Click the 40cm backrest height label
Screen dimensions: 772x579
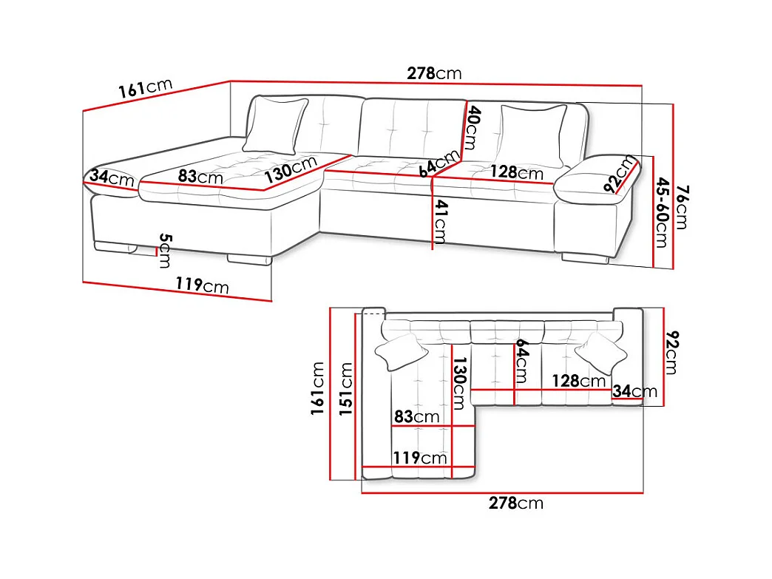click(472, 127)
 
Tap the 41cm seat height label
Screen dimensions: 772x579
click(441, 222)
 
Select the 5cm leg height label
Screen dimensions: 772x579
click(166, 251)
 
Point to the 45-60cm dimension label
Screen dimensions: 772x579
click(663, 213)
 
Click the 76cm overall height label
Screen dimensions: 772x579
click(683, 207)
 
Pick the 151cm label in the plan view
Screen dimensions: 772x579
click(346, 388)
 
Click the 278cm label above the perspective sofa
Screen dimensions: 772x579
click(434, 73)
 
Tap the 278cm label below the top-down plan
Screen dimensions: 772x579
click(516, 503)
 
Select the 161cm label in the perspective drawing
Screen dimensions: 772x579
click(145, 88)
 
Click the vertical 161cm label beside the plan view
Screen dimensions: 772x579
click(317, 388)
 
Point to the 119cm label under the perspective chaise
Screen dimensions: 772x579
click(203, 285)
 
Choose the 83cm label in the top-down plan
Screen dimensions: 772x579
click(416, 416)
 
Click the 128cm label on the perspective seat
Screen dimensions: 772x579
click(517, 172)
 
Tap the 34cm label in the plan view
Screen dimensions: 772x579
click(634, 391)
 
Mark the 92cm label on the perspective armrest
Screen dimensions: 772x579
click(620, 173)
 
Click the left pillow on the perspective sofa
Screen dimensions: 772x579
click(275, 126)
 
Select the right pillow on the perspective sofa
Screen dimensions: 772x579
click(533, 135)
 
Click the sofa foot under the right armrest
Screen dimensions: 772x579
click(586, 258)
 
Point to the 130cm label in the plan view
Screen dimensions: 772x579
click(458, 384)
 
